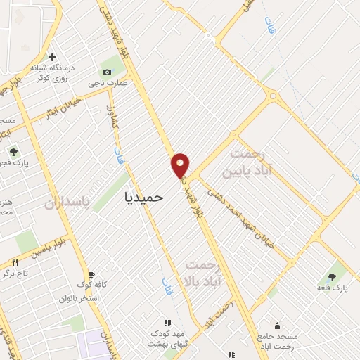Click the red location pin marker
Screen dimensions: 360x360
(181, 165)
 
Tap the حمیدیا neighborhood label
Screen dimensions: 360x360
(143, 198)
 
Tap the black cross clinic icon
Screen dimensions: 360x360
(52, 57)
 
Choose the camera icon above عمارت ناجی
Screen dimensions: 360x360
(107, 72)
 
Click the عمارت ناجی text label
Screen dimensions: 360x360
(106, 83)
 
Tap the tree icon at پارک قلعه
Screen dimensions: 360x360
(332, 277)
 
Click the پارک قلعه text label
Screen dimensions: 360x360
(333, 288)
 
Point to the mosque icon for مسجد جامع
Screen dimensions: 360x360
(277, 326)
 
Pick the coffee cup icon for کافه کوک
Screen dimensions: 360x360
(91, 275)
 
